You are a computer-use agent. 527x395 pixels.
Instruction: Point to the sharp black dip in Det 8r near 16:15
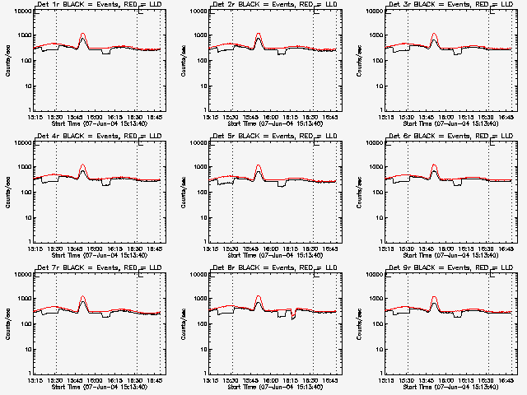[293, 316]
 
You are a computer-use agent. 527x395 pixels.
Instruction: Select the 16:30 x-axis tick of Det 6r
[487, 248]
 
